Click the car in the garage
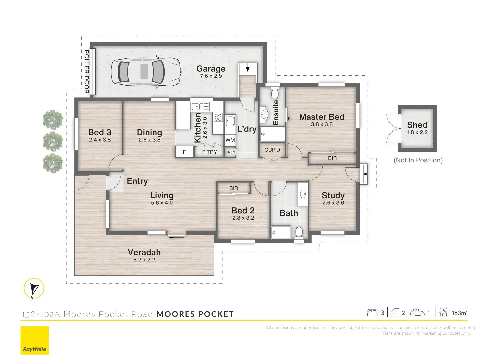point(146,72)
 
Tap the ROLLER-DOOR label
point(86,71)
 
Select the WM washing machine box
point(230,140)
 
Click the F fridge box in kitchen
point(184,152)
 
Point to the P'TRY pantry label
point(209,152)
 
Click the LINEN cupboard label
point(230,152)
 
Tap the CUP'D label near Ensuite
point(272,150)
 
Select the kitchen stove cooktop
point(218,117)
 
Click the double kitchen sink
point(200,107)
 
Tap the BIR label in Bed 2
point(234,188)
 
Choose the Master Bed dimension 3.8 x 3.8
point(322,124)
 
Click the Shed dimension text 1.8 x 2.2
point(417,132)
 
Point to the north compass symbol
point(34,288)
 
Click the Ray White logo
point(35,340)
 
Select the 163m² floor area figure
point(459,313)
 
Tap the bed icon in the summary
point(372,313)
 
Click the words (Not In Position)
point(418,160)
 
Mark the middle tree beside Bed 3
point(53,141)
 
